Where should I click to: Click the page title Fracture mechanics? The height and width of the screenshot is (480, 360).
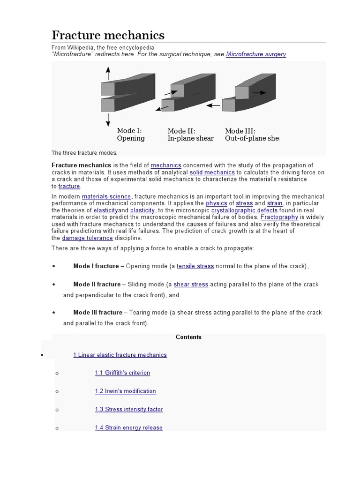click(108, 35)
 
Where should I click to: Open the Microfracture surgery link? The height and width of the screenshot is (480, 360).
click(256, 54)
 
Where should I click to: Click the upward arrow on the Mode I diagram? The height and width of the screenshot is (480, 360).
click(108, 73)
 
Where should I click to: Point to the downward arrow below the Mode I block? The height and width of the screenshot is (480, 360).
click(108, 119)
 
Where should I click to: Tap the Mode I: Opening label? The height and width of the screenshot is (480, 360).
click(131, 135)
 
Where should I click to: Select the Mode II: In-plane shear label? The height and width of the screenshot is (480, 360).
click(190, 135)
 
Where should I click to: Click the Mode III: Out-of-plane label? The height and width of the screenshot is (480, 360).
click(252, 135)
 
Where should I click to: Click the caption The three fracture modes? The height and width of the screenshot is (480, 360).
click(84, 153)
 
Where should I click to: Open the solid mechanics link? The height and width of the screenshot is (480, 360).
click(212, 172)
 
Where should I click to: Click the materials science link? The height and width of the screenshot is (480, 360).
click(106, 196)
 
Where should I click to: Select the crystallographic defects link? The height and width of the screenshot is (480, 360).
click(244, 210)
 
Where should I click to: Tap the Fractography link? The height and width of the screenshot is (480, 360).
click(279, 217)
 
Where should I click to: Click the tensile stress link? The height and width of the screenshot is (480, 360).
click(195, 266)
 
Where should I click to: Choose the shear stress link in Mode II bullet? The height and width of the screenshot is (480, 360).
click(191, 285)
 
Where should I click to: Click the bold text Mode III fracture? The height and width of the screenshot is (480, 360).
click(97, 313)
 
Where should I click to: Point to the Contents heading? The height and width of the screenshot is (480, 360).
click(188, 337)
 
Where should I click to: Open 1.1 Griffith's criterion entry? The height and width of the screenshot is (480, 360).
click(122, 373)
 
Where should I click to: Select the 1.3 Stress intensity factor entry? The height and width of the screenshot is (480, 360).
click(129, 410)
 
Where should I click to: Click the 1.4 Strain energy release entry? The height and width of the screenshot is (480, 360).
click(128, 427)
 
